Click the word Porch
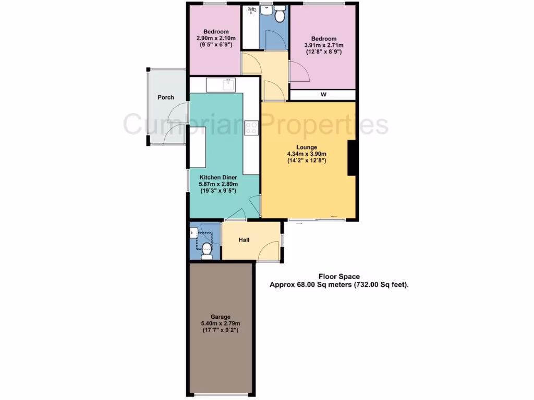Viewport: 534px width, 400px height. pos(166,97)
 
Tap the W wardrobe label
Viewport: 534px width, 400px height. pos(323,95)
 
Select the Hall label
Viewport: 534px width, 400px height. pos(244,240)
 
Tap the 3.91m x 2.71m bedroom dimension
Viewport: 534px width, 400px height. pos(324,45)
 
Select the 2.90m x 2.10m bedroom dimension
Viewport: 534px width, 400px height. pos(216,39)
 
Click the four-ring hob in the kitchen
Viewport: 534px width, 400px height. pos(251,127)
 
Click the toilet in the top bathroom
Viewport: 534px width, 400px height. pos(280,15)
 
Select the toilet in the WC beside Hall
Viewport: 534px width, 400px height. pos(207,251)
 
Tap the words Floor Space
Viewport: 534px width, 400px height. pos(338,277)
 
